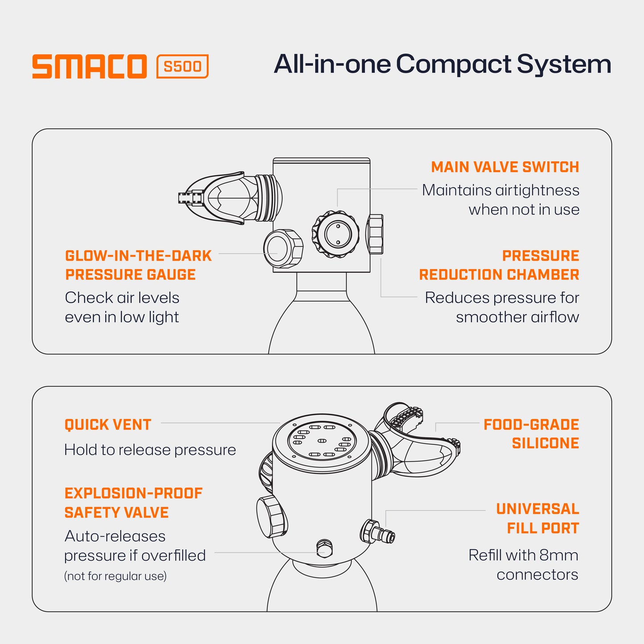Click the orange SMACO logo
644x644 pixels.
tap(89, 66)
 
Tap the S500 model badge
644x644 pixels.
tap(182, 66)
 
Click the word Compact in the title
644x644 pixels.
tap(454, 65)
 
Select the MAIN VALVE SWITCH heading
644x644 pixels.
tap(505, 167)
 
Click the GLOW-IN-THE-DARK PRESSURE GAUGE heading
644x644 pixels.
tap(138, 265)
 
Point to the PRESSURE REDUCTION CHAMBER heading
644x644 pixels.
tap(499, 265)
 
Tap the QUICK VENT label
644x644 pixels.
tap(108, 425)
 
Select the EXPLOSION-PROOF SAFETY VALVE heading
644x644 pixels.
tap(134, 503)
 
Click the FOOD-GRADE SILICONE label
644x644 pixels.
tap(531, 434)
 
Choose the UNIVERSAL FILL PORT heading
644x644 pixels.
tap(537, 518)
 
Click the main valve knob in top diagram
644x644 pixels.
tap(336, 234)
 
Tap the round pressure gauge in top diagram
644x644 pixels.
tap(283, 248)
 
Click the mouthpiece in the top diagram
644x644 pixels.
tap(230, 198)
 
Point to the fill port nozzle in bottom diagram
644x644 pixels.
tap(378, 532)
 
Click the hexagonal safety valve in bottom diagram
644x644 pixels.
tap(324, 548)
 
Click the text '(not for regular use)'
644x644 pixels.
tap(115, 576)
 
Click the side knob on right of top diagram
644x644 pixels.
tap(375, 234)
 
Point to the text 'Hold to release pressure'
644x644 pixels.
tap(150, 450)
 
